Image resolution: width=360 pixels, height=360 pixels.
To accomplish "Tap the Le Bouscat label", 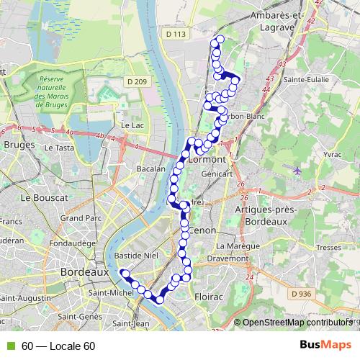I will coord(45,197).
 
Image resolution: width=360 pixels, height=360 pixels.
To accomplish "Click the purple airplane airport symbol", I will coord(297,171).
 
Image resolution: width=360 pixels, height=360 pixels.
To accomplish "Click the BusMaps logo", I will coord(325,345).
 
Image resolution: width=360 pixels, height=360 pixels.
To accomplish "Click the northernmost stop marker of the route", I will coord(220,40).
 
